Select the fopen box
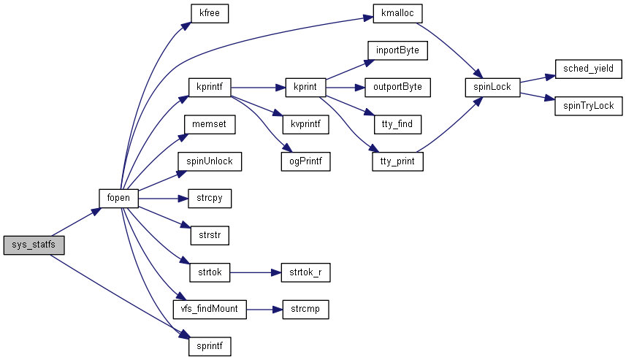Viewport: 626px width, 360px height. tap(118, 198)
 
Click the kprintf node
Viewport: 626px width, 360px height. tap(210, 87)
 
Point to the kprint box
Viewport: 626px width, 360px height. tap(305, 87)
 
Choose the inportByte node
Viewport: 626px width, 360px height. tap(397, 50)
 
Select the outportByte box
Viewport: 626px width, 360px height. tap(397, 87)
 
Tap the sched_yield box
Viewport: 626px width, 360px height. tap(588, 69)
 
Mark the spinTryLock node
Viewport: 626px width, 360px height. tap(588, 106)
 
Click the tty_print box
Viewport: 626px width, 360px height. tap(397, 161)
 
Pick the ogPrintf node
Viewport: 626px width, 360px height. tap(305, 161)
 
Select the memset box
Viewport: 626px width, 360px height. tap(210, 124)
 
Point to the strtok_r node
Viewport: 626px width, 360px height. tap(305, 272)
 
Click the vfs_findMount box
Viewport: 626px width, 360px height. tap(210, 310)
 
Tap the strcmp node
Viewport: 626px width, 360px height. tap(305, 310)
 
